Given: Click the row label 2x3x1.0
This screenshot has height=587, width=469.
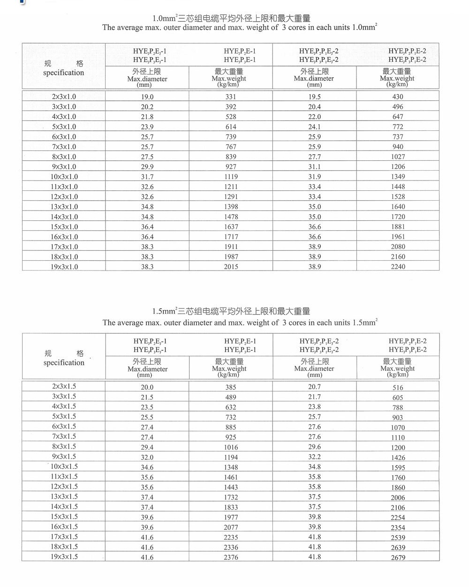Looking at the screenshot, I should [x=64, y=97].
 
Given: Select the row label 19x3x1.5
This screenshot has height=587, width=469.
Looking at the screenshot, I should [x=64, y=557].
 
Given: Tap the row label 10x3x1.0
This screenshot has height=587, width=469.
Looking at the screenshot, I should [x=64, y=177].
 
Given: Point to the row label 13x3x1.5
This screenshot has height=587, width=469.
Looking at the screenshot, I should [x=64, y=497].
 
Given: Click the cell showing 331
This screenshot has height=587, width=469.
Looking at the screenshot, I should [x=231, y=97].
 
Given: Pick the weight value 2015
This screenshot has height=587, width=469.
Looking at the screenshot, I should [x=231, y=267].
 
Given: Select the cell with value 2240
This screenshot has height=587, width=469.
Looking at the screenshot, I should [x=398, y=267].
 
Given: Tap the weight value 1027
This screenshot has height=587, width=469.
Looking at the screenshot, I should [x=398, y=157].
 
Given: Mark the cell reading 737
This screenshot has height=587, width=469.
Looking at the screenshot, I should [x=398, y=137].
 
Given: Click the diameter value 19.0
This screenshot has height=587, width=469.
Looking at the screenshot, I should [x=147, y=97].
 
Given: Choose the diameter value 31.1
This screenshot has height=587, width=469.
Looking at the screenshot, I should [x=314, y=167].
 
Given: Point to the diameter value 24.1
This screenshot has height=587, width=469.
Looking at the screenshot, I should [x=314, y=127].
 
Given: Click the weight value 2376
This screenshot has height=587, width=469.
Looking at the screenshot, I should [x=231, y=557].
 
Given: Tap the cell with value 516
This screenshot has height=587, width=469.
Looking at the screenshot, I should [x=398, y=388].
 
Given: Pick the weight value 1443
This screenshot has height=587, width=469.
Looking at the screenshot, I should [x=231, y=487].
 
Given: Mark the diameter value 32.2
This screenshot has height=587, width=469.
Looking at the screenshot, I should [x=314, y=457].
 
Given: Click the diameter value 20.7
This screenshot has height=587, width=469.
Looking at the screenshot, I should [x=314, y=387].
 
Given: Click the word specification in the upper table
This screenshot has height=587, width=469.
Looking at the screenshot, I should [x=63, y=73].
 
